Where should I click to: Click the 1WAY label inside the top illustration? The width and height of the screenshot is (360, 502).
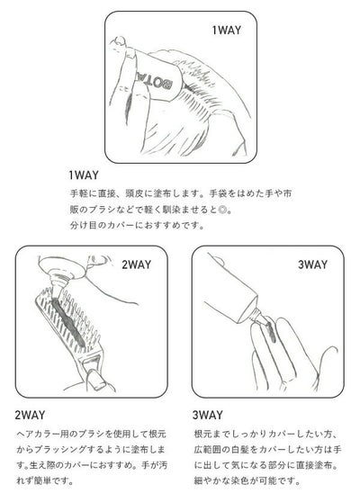tap(227, 31)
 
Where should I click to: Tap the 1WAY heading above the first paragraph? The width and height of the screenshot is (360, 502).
tap(84, 175)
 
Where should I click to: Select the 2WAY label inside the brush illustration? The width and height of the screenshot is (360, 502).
tap(136, 264)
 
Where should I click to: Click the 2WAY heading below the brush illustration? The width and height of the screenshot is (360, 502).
tap(30, 415)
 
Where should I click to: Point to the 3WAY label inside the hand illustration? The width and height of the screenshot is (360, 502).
tap(313, 264)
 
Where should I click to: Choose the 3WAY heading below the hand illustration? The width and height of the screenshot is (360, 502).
tap(208, 415)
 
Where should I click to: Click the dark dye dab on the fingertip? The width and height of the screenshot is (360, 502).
tap(270, 331)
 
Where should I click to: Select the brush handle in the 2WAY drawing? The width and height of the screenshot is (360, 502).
tap(92, 374)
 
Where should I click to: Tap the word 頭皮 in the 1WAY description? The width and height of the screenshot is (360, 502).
tap(133, 193)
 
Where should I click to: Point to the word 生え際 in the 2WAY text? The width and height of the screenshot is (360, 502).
tap(41, 465)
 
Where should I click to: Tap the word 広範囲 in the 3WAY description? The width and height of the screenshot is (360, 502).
tap(205, 450)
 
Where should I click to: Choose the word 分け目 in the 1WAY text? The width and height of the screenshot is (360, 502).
tap(81, 225)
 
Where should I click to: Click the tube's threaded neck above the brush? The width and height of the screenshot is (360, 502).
tap(60, 281)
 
